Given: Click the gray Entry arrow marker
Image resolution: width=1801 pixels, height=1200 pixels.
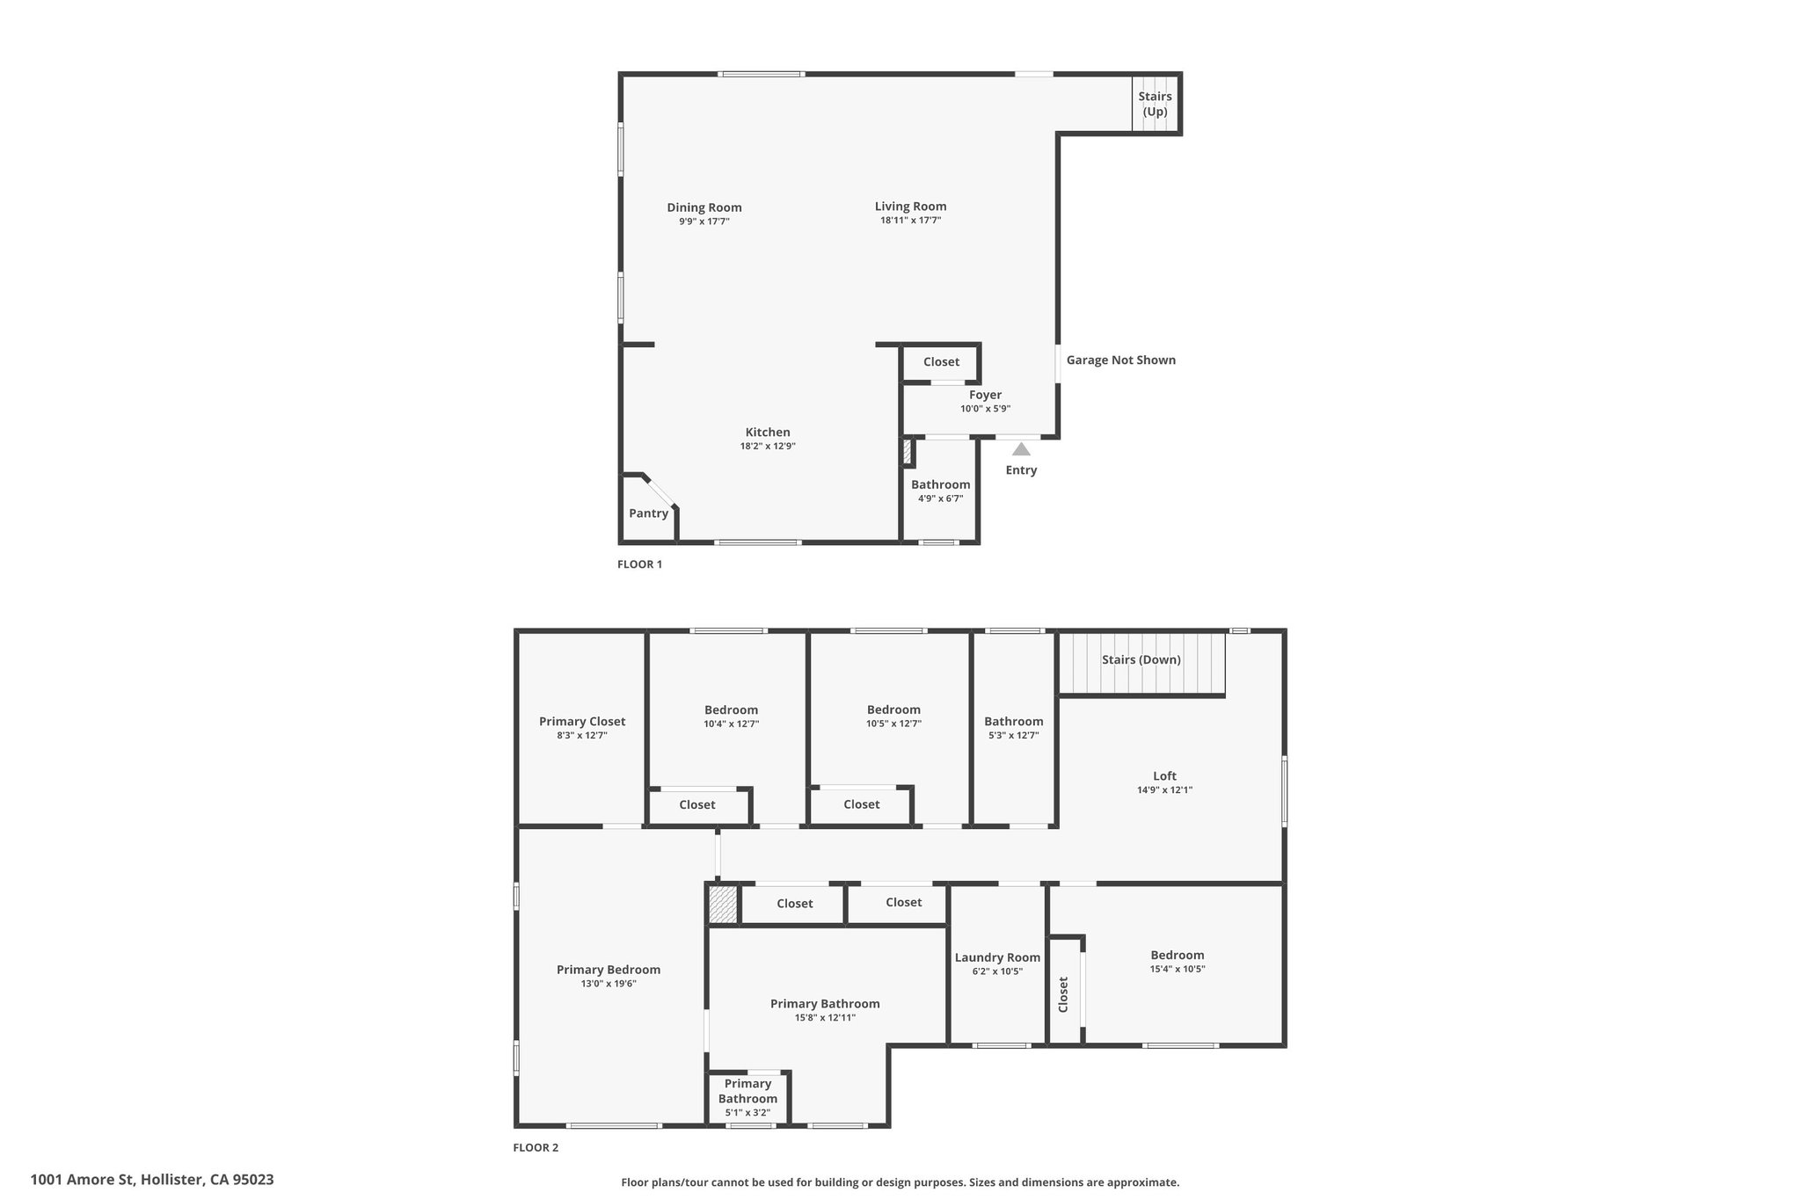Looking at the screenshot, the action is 1021,449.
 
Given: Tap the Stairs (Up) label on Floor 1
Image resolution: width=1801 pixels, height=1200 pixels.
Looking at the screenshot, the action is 1155,104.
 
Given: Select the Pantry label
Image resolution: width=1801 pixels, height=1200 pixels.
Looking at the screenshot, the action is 648,513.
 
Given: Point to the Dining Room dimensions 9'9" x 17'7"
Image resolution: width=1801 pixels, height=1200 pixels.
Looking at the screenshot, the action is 704,222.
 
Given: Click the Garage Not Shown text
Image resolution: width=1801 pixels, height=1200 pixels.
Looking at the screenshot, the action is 1120,360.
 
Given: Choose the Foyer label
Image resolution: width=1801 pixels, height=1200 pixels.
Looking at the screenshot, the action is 985,395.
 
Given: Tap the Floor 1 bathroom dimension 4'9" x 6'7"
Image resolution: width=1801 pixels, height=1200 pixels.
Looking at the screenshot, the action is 940,498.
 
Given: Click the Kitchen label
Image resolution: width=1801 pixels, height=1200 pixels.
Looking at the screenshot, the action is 768,432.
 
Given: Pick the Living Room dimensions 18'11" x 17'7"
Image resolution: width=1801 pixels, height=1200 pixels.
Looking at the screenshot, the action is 910,220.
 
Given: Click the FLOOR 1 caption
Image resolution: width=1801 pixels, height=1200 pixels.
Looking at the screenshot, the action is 639,564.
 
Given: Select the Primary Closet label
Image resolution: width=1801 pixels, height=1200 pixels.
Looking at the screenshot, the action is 582,722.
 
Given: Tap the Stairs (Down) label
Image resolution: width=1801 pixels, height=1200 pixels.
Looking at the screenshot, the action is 1141,659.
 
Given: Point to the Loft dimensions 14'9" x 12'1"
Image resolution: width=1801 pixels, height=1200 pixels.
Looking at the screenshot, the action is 1164,789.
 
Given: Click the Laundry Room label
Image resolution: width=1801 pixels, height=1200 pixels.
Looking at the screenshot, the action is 997,957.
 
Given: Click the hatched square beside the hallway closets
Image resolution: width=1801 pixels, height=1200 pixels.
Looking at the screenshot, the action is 723,905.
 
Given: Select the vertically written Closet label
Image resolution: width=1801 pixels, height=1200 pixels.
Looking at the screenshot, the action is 1063,994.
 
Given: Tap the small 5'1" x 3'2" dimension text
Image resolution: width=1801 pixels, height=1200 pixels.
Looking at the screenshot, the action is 747,1112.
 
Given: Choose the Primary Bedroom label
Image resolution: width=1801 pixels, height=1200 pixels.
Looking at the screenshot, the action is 609,970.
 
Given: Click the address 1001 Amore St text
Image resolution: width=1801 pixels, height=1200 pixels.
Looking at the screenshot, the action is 84,1180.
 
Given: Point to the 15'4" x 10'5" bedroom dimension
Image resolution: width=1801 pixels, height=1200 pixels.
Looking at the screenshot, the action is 1177,969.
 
